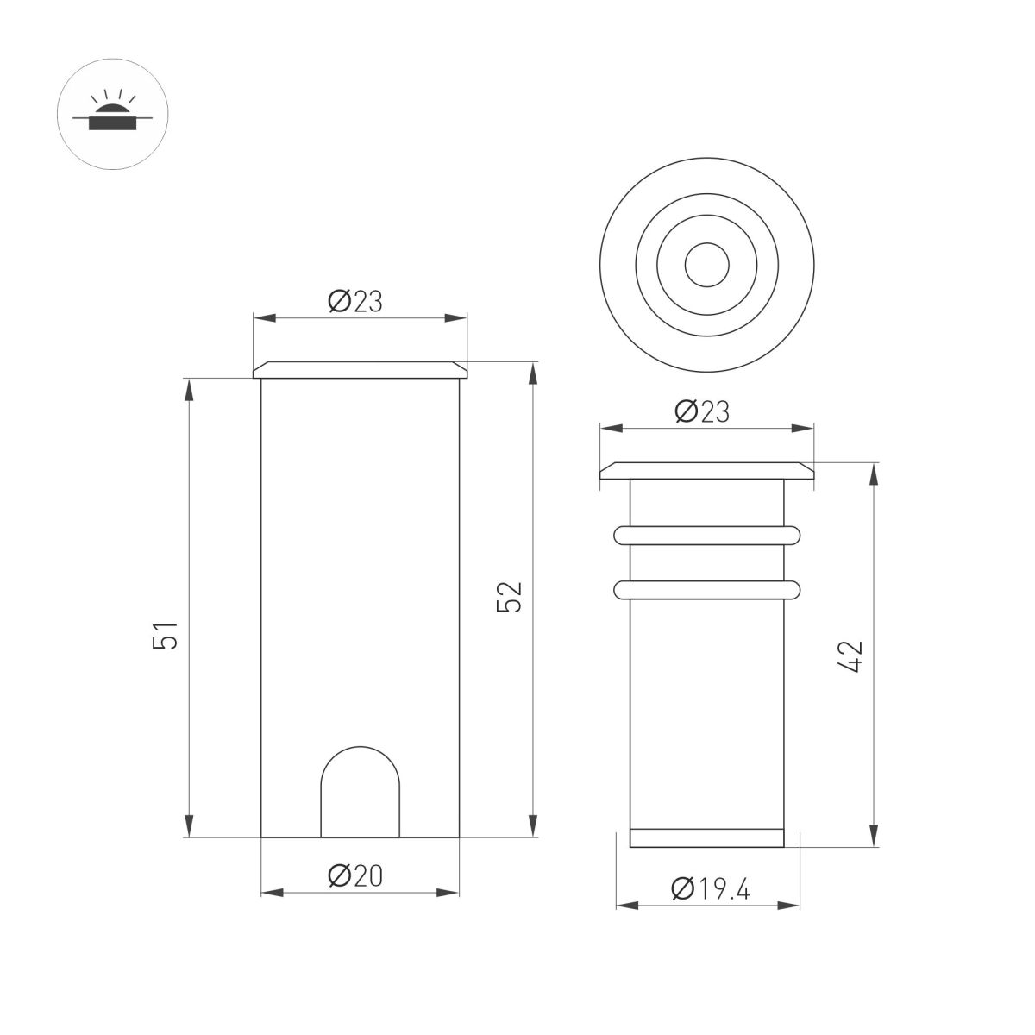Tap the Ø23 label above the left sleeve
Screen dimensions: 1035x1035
[354, 301]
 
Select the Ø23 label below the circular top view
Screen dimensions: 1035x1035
[702, 411]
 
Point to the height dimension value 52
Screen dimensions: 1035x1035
[512, 596]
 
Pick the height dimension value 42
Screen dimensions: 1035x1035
[851, 657]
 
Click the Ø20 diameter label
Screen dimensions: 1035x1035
[354, 875]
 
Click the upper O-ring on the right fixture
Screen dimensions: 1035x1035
[706, 536]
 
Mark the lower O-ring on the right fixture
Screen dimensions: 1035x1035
[706, 590]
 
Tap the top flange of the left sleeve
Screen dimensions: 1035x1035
[361, 370]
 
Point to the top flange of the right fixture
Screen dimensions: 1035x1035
[706, 471]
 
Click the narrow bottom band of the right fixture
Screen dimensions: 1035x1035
[706, 837]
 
